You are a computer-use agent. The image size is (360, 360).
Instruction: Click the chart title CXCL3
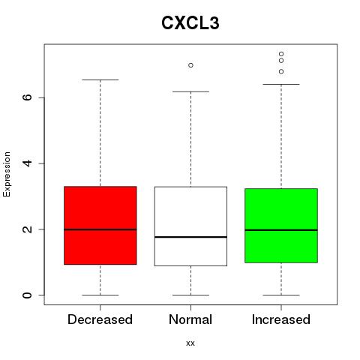pyautogui.click(x=190, y=23)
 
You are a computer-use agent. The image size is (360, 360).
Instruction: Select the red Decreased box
pyautogui.click(x=100, y=225)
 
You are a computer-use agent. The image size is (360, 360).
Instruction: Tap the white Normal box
pyautogui.click(x=190, y=226)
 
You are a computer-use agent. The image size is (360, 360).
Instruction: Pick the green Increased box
pyautogui.click(x=281, y=226)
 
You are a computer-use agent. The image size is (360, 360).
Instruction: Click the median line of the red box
pyautogui.click(x=100, y=229)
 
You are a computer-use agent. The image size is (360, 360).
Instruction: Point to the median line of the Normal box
pyautogui.click(x=190, y=237)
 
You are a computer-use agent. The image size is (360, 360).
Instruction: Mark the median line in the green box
pyautogui.click(x=281, y=230)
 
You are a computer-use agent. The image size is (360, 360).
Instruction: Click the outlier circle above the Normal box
pyautogui.click(x=190, y=65)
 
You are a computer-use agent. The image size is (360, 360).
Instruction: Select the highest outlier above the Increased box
pyautogui.click(x=281, y=54)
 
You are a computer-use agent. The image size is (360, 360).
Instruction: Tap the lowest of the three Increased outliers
pyautogui.click(x=281, y=72)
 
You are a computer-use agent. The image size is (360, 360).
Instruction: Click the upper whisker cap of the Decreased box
pyautogui.click(x=100, y=79)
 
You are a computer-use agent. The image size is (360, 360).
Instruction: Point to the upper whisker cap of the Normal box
pyautogui.click(x=190, y=91)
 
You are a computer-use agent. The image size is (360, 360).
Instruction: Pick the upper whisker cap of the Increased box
pyautogui.click(x=281, y=84)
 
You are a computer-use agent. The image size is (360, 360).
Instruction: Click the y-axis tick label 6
pyautogui.click(x=27, y=97)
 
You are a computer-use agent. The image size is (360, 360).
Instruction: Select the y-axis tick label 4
pyautogui.click(x=27, y=163)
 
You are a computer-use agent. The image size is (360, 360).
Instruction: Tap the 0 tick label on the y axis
pyautogui.click(x=27, y=295)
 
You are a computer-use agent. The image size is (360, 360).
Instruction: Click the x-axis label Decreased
pyautogui.click(x=100, y=319)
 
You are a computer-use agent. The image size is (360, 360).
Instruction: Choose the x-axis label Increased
pyautogui.click(x=281, y=319)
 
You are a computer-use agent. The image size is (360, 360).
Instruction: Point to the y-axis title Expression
pyautogui.click(x=7, y=174)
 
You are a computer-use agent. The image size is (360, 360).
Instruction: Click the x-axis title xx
pyautogui.click(x=190, y=343)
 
